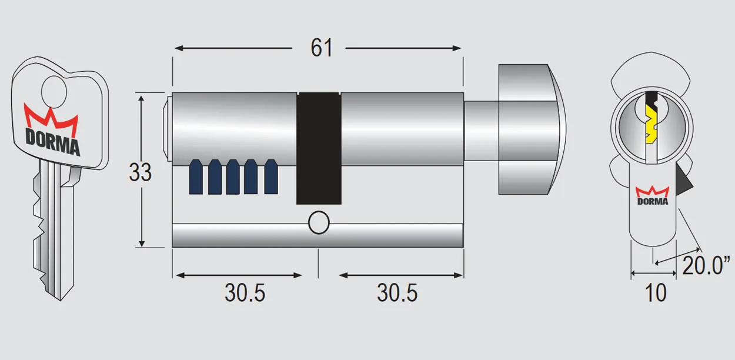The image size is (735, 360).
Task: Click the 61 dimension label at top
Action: tap(322, 48)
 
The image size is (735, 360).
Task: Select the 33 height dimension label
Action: tap(140, 172)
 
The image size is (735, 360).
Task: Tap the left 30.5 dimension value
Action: tap(245, 292)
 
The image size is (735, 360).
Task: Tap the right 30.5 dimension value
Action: tap(397, 292)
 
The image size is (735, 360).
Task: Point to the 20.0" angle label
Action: tap(706, 266)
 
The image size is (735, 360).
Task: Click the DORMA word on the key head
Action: tap(52, 143)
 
